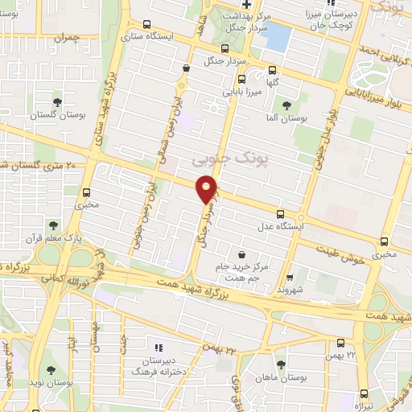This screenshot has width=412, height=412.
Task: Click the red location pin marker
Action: (x=208, y=190)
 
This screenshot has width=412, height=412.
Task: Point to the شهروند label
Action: (x=287, y=288)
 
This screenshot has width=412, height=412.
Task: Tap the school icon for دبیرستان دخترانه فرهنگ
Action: (x=159, y=348)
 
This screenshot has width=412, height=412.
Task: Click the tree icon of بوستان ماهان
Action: (x=281, y=364)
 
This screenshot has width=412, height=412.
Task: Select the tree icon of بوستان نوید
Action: (x=51, y=370)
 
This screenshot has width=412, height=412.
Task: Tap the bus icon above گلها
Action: (x=271, y=69)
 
